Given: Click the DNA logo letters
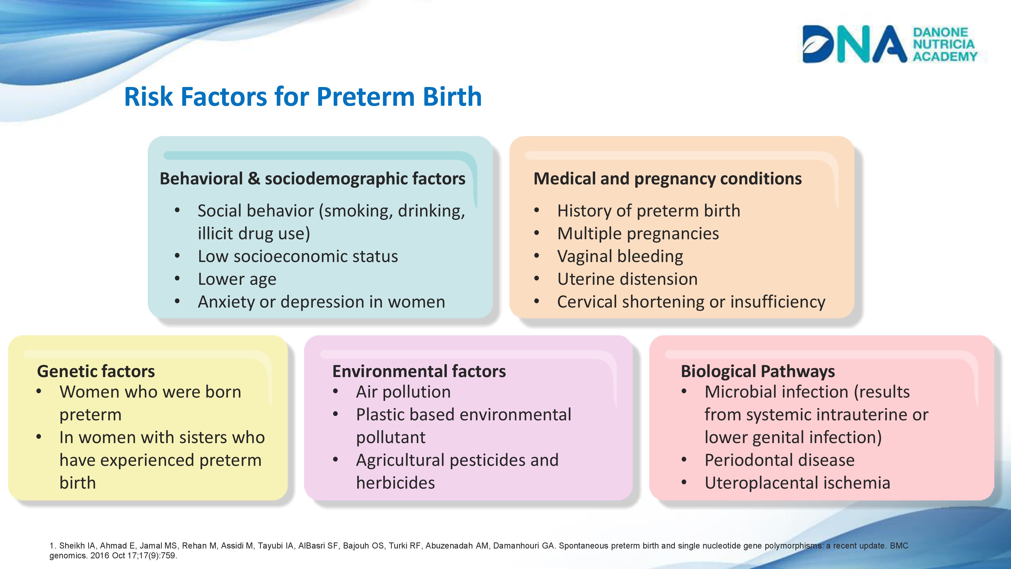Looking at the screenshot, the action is pos(855,44).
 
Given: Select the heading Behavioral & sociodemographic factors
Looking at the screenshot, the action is pos(312,179).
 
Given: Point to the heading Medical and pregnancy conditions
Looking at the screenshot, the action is pos(668,179).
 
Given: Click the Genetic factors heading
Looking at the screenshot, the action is pos(96,371).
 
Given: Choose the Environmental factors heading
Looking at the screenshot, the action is pos(419,371).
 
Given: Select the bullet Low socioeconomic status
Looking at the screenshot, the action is pos(298,256).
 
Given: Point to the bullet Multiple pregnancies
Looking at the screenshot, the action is pos(638,234).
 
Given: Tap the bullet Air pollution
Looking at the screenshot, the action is pos(403,392).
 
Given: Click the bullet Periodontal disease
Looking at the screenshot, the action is pos(779,460).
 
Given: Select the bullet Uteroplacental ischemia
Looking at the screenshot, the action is pos(797,483).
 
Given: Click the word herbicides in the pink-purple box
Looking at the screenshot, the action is pos(396,483).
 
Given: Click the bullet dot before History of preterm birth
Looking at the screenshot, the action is pos(537,211).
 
